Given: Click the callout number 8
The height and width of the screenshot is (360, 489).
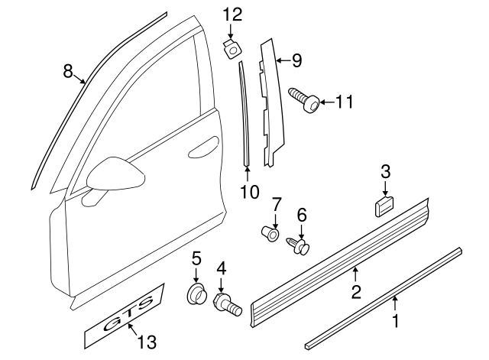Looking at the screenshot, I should pos(68,71).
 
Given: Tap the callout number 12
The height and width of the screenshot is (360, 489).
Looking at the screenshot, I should pos(232,14).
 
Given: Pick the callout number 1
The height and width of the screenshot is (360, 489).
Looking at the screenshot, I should pos(395,323).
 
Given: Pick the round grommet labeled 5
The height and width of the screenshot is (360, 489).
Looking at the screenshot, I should pos(197,293).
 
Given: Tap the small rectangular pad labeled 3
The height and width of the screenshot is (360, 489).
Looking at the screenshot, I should pos(383,205).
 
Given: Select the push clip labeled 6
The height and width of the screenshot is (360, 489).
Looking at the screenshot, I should pos(300,245).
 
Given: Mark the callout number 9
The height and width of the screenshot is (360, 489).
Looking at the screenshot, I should pos(296,58).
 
